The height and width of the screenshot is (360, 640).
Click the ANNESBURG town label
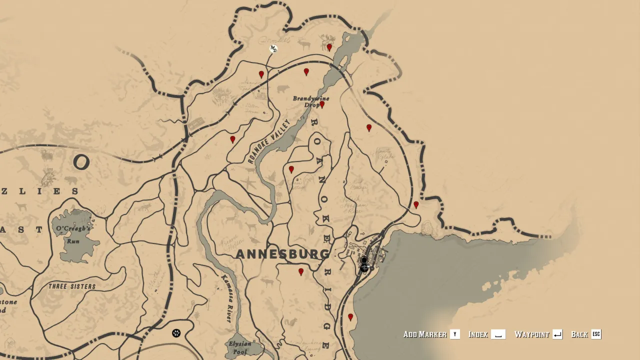tap(282, 254)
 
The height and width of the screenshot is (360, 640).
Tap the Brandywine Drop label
tap(310, 101)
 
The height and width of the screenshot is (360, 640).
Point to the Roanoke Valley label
tap(268, 141)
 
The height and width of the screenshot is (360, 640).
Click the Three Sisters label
tap(72, 286)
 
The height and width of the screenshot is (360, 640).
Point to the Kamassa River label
tap(226, 298)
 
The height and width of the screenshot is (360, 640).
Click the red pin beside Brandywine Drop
tap(322, 105)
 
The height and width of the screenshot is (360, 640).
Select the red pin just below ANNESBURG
tap(301, 272)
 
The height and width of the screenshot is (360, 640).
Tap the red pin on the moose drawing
tap(329, 47)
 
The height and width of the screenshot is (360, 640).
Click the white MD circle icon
tap(273, 48)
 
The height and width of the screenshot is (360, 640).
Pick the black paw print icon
tap(176, 333)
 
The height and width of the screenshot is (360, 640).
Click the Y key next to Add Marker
tap(454, 334)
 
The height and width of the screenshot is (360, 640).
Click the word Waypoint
tap(532, 334)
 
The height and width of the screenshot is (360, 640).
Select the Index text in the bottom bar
tap(478, 334)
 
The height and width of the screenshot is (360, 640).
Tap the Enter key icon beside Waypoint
tap(557, 334)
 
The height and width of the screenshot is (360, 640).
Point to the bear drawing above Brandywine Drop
tap(283, 89)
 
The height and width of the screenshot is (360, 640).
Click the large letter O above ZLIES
tap(81, 162)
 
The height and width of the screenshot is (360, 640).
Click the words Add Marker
tap(425, 334)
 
